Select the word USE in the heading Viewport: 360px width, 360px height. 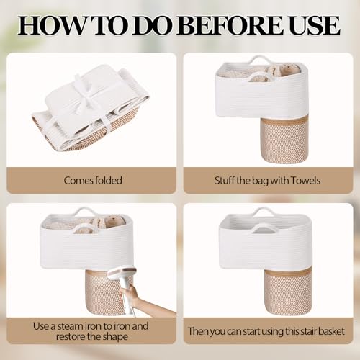click(315, 25)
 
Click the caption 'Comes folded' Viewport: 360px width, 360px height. click(93, 181)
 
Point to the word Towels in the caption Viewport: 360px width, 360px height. click(305, 181)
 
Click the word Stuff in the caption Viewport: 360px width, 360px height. click(224, 181)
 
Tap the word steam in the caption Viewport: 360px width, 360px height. click(71, 326)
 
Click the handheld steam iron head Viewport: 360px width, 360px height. click(122, 275)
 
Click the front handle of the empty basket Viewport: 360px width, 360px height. click(263, 228)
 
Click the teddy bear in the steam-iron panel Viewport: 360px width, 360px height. click(114, 220)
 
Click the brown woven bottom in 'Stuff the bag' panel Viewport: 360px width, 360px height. click(284, 140)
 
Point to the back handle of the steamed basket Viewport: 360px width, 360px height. click(84, 212)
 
